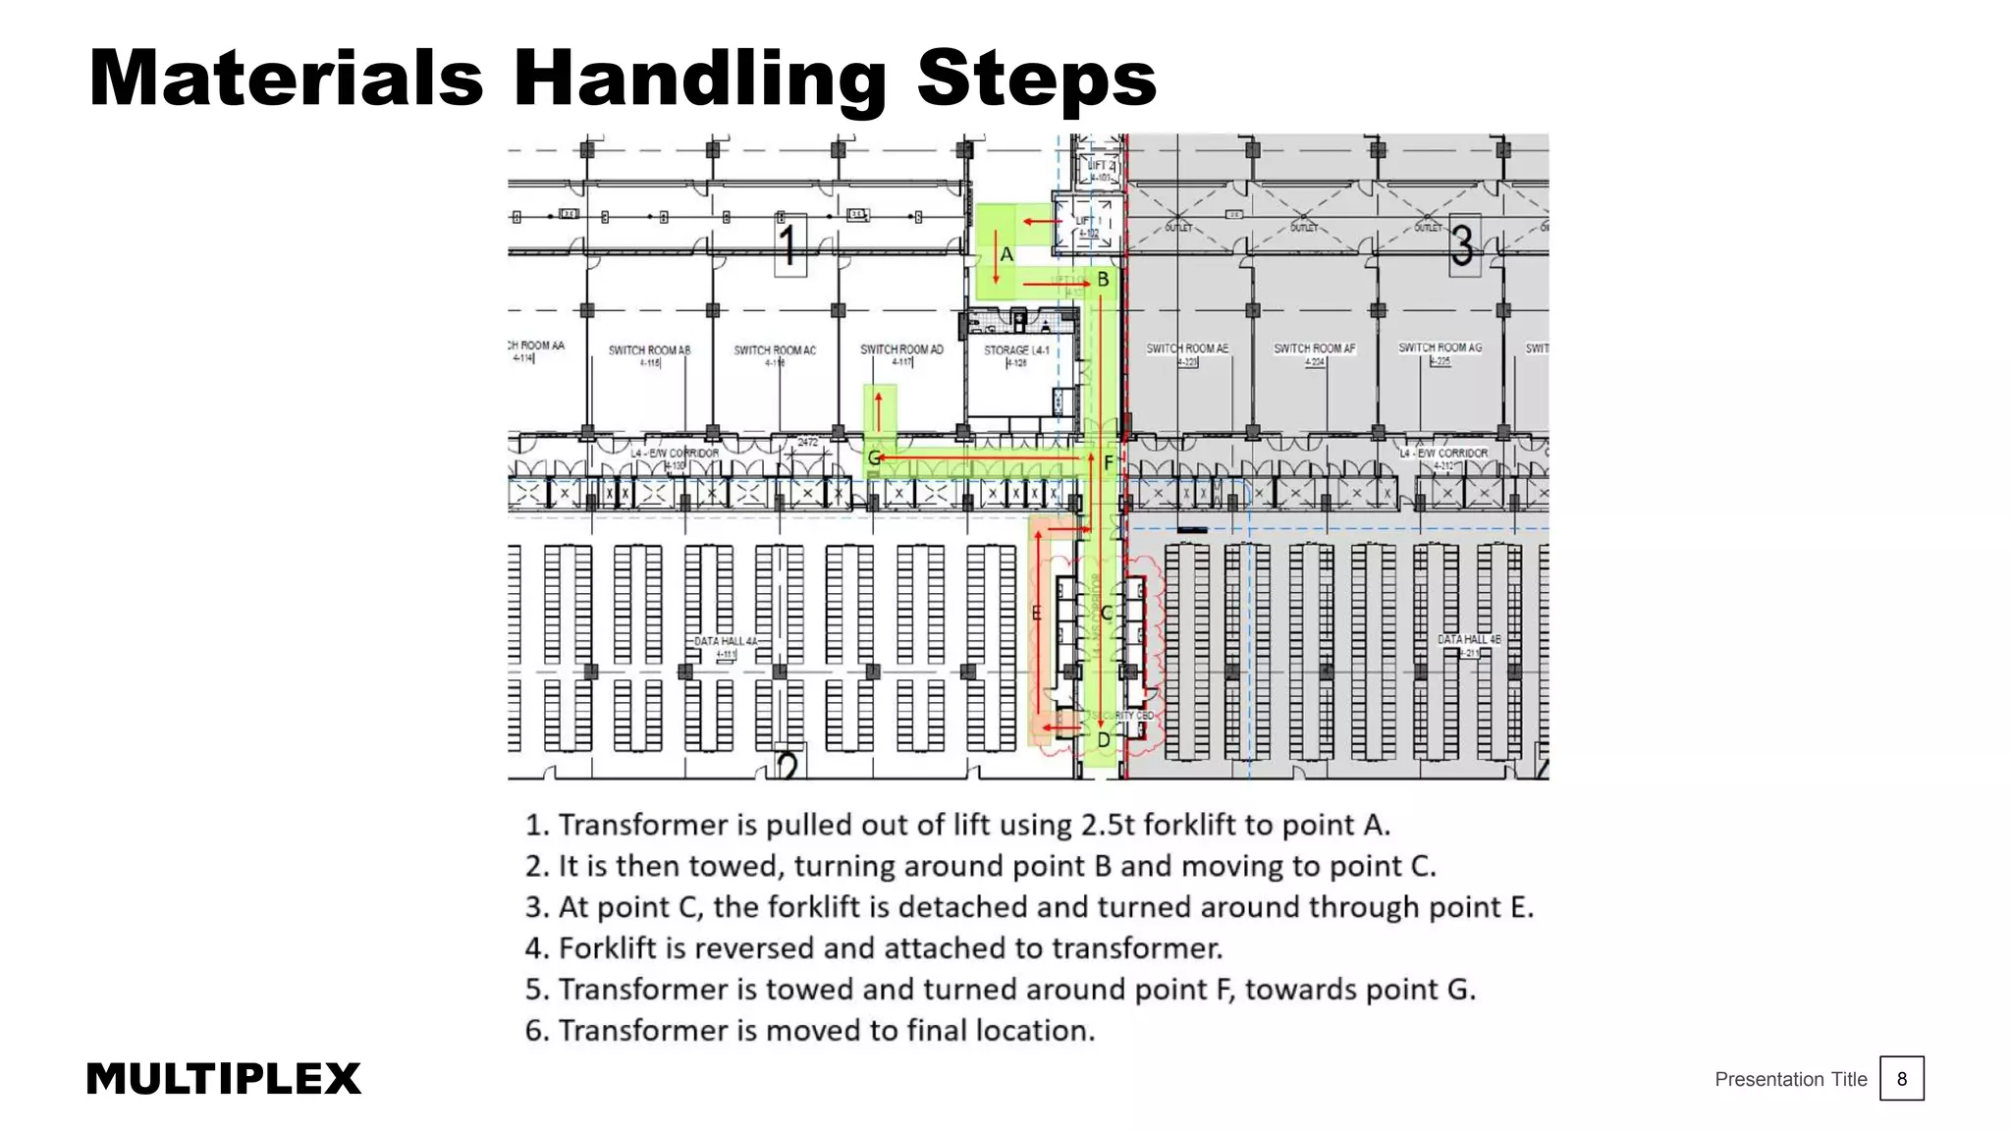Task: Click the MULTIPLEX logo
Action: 223,1079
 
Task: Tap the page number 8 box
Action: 1901,1079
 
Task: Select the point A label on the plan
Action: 1006,255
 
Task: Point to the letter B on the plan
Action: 1103,280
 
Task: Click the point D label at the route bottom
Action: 1104,740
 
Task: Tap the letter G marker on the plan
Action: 874,458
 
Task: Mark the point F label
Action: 1109,462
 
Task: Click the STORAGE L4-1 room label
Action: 1016,350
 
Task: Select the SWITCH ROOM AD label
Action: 901,350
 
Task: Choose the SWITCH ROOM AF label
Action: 1314,349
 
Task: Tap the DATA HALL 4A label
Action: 726,641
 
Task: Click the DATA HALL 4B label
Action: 1469,639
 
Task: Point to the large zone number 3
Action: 1462,244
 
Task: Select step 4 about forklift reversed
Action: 874,948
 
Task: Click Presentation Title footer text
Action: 1790,1079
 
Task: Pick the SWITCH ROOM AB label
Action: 649,350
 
